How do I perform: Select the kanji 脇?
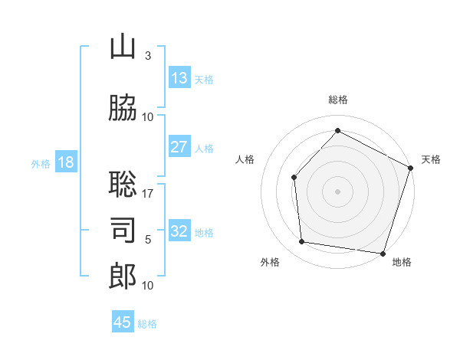[123, 107]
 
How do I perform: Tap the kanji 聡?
[123, 184]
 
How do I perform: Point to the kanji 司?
[123, 230]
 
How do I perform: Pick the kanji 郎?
[123, 276]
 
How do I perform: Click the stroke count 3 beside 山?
[148, 56]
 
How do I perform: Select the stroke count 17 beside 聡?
[147, 194]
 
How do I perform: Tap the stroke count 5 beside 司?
[148, 240]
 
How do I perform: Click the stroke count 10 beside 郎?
[147, 286]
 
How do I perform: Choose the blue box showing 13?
[179, 77]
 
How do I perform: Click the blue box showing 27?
[179, 146]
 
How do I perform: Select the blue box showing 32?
[179, 230]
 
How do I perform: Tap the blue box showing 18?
[66, 162]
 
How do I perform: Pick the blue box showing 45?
[123, 321]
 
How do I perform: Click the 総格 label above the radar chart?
[338, 100]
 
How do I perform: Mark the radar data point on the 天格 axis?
[411, 168]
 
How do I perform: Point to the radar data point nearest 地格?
[383, 254]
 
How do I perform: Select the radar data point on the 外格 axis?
[301, 241]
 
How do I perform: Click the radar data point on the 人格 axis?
[294, 178]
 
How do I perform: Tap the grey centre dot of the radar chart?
[337, 191]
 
